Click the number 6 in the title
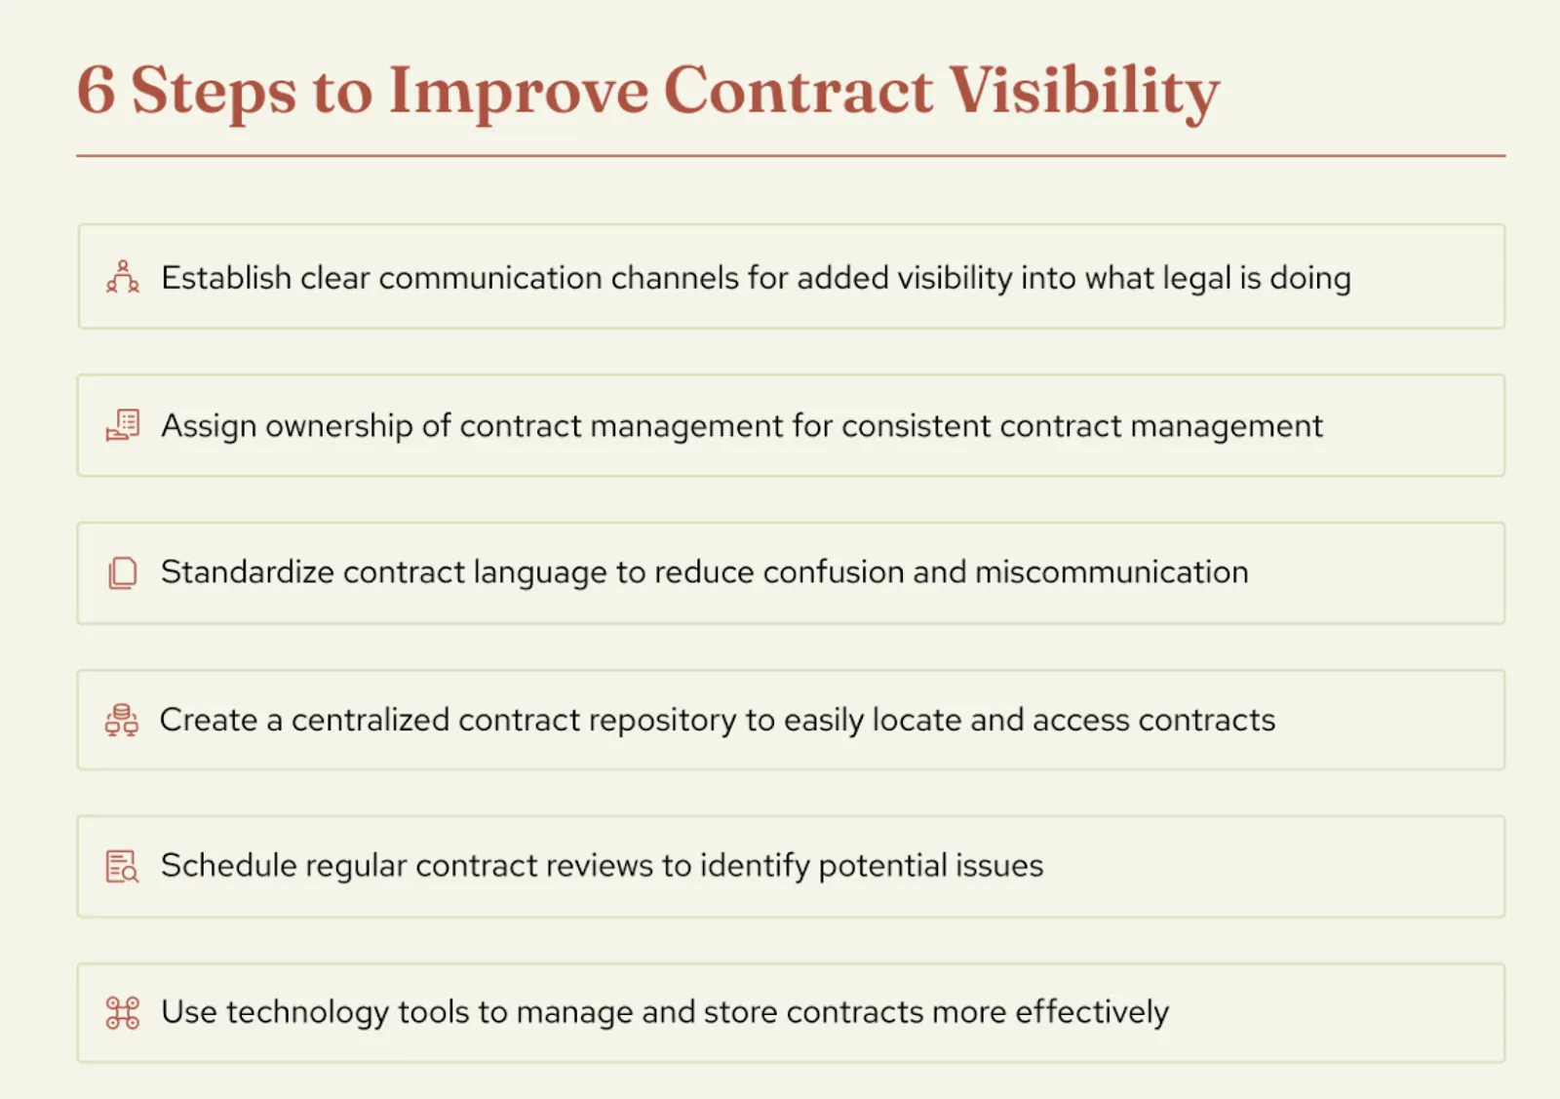96,90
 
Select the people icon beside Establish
123,277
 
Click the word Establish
225,278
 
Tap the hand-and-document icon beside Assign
123,425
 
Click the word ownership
338,426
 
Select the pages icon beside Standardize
123,572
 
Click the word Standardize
247,571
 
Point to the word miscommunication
1111,571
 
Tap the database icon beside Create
122,720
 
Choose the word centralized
370,720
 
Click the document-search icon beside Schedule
123,866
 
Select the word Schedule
228,865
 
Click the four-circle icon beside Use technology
123,1012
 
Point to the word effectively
1091,1012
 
